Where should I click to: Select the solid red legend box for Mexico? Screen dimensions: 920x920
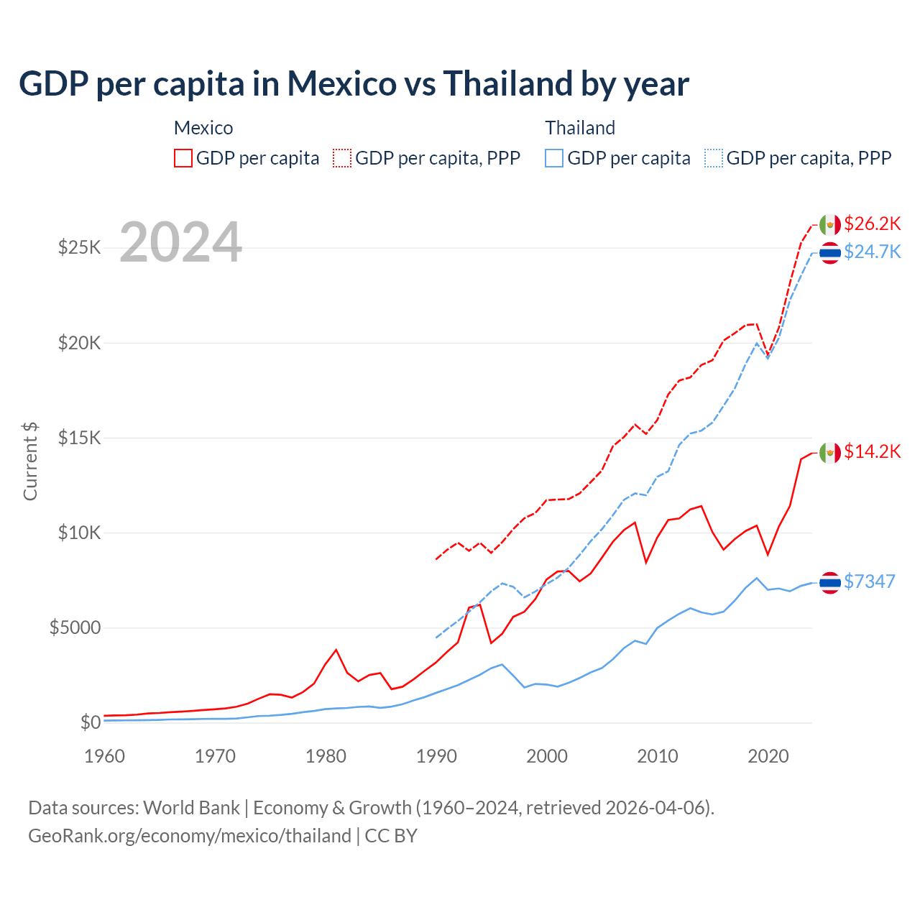183,158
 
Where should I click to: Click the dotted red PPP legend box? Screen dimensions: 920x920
342,158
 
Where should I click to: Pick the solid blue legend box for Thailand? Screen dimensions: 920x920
554,158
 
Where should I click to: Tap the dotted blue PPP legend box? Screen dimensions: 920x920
714,158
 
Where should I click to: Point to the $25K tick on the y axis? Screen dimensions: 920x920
79,248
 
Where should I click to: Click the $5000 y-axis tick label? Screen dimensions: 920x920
75,627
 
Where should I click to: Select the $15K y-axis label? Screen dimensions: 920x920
79,438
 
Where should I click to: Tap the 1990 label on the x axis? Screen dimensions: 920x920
436,756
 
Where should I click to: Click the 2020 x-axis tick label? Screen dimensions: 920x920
768,756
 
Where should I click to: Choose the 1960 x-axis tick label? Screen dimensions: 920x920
105,756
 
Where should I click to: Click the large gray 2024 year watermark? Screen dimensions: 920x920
180,243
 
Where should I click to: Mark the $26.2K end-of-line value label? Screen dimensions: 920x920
872,224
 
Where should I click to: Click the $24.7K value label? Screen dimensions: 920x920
872,252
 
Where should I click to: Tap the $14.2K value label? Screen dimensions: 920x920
872,451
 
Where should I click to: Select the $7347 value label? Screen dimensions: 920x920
869,581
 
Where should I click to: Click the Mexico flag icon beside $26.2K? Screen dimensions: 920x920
830,224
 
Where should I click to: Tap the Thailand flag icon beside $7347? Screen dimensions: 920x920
830,582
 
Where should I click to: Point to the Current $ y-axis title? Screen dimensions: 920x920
30,461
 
